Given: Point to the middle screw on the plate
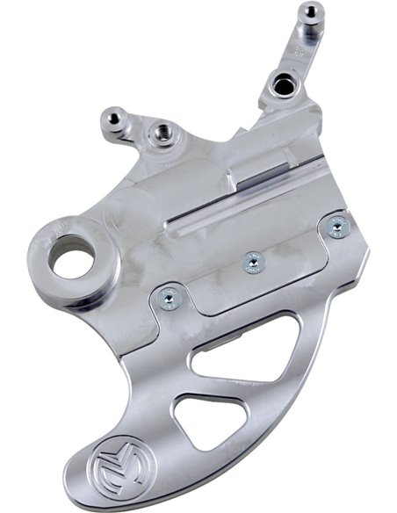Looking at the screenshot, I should [252, 261].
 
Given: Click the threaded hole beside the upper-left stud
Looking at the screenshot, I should [161, 133].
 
